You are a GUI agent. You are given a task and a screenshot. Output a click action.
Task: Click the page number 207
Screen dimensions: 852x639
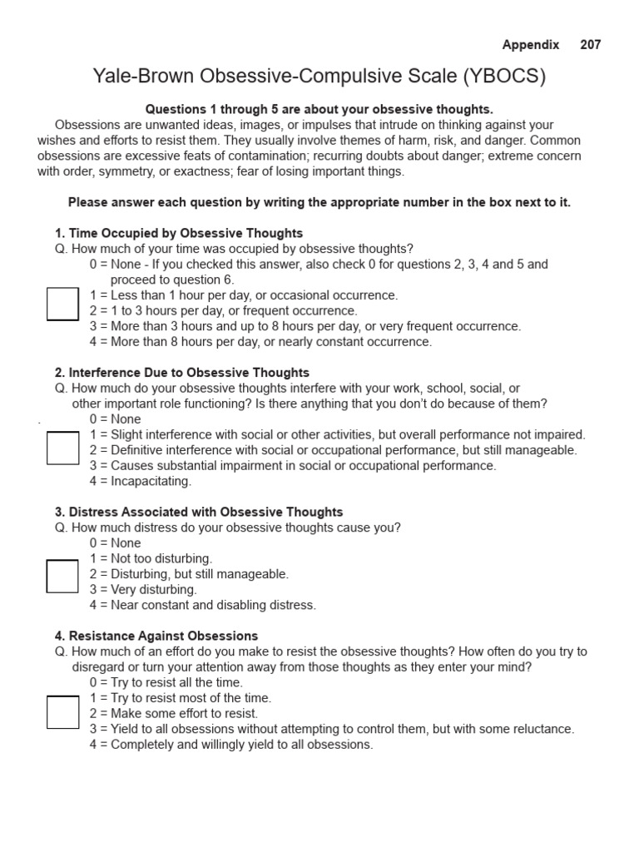[591, 45]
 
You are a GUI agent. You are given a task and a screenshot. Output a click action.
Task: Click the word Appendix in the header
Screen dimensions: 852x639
[531, 45]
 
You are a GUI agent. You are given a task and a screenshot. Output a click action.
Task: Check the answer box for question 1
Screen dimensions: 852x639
[62, 304]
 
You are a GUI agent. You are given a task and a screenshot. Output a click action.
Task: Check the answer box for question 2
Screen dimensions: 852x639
[62, 448]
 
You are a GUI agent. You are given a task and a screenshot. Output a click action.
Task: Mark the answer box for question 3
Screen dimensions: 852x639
[62, 576]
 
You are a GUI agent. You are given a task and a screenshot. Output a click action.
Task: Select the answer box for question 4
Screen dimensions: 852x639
[62, 712]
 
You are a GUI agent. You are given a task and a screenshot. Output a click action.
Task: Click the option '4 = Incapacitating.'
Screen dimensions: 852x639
[141, 481]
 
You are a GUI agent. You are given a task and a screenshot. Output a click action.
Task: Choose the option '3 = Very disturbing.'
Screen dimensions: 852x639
[143, 590]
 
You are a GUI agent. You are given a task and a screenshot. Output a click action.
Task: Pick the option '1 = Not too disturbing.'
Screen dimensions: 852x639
[151, 558]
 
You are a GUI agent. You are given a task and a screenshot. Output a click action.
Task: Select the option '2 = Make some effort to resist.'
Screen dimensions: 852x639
[174, 714]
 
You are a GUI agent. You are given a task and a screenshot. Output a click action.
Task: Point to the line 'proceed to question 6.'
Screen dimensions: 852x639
[172, 280]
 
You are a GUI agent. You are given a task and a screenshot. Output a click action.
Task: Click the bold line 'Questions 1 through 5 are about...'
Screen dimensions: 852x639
[319, 109]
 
